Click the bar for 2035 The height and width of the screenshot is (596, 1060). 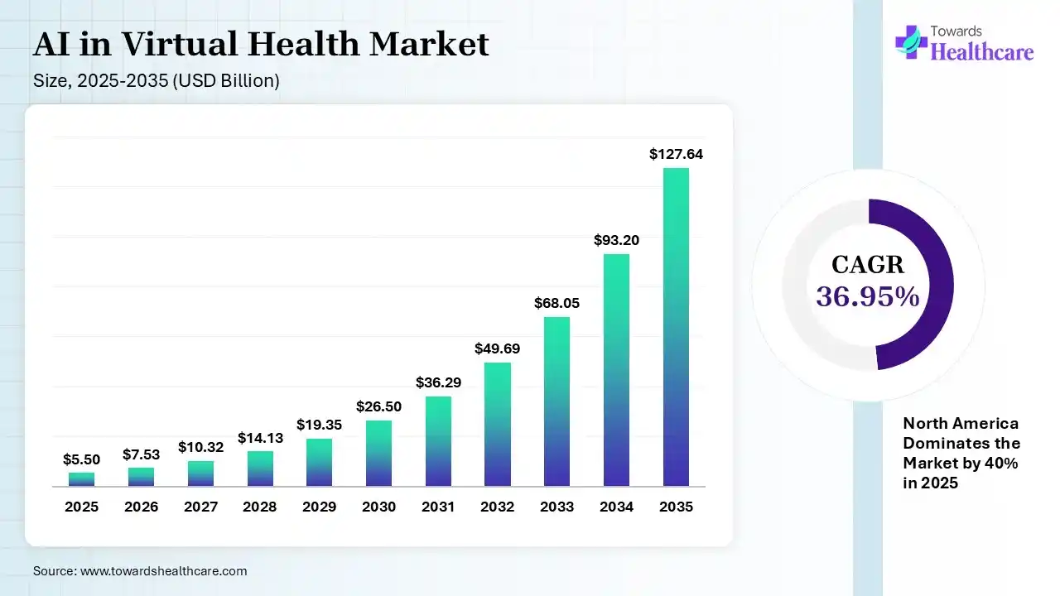tap(676, 327)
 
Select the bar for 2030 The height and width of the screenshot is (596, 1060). tap(378, 453)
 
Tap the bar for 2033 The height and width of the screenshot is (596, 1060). tap(556, 401)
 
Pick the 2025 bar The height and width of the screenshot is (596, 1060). tap(81, 478)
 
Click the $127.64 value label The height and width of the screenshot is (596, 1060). tap(676, 154)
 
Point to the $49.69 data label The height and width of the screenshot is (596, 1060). tap(497, 348)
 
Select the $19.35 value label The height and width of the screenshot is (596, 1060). tap(319, 425)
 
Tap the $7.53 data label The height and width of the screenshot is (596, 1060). tap(141, 454)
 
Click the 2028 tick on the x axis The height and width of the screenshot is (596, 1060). tap(259, 507)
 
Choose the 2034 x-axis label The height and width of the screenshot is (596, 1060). tap(616, 507)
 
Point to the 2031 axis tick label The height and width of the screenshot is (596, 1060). tap(438, 507)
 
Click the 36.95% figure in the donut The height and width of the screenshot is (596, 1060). tap(868, 296)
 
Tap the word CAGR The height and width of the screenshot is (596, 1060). tap(868, 265)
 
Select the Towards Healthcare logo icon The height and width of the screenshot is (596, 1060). tap(911, 41)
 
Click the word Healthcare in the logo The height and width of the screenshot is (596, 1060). tap(983, 52)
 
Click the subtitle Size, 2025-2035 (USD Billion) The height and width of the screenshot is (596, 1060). tap(157, 81)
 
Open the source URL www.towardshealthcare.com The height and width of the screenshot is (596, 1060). tap(163, 571)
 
